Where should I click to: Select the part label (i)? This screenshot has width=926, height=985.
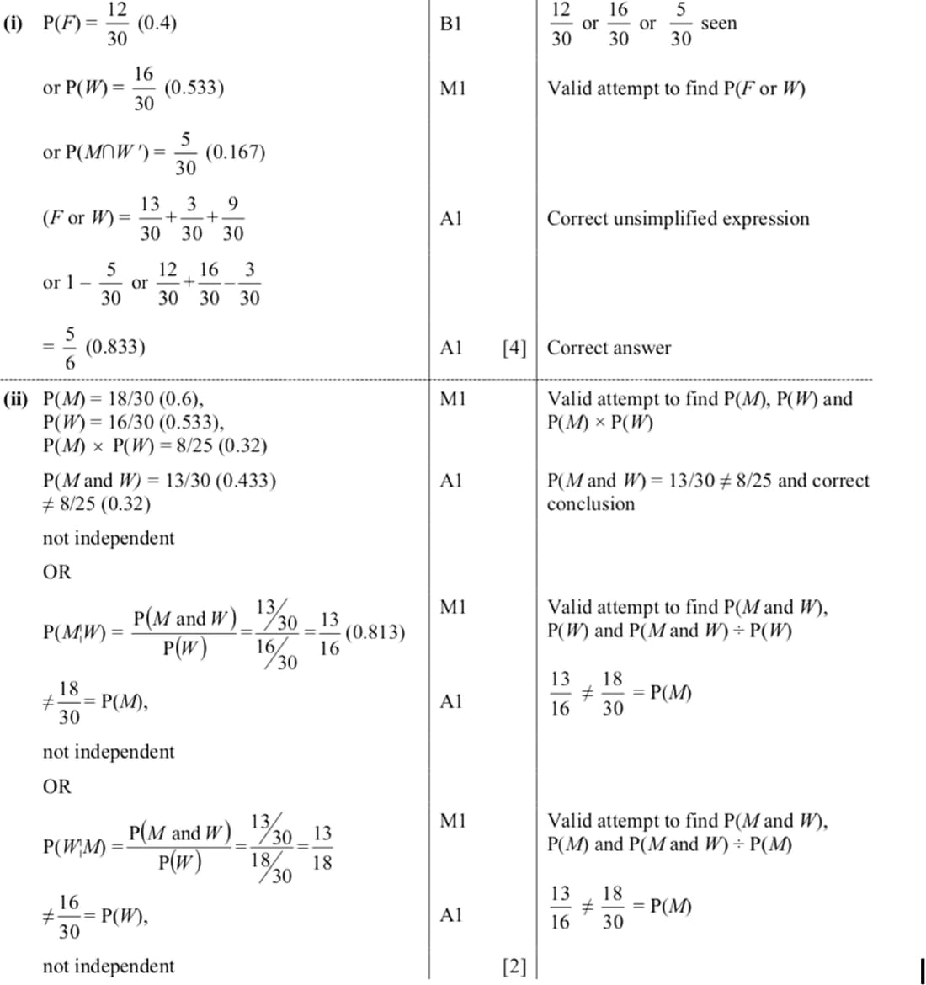14,24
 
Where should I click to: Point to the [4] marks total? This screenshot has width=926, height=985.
514,348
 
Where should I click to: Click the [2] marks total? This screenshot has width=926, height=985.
514,966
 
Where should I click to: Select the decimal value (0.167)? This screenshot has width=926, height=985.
235,152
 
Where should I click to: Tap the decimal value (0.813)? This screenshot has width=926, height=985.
375,632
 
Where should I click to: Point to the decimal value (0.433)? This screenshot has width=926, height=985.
246,481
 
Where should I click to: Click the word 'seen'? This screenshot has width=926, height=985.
718,24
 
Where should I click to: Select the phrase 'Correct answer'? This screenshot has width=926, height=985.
609,348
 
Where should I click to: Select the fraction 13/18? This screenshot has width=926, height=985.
322,849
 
